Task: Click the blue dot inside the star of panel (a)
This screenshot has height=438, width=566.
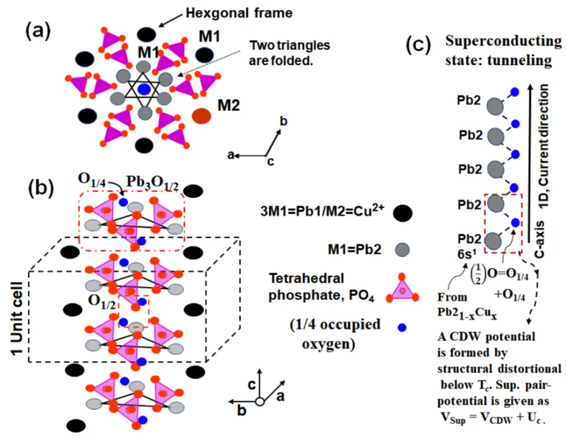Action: coord(145,89)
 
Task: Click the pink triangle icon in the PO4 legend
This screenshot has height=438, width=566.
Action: coord(401,288)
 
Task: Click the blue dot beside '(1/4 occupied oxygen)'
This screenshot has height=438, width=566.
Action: coord(401,327)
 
